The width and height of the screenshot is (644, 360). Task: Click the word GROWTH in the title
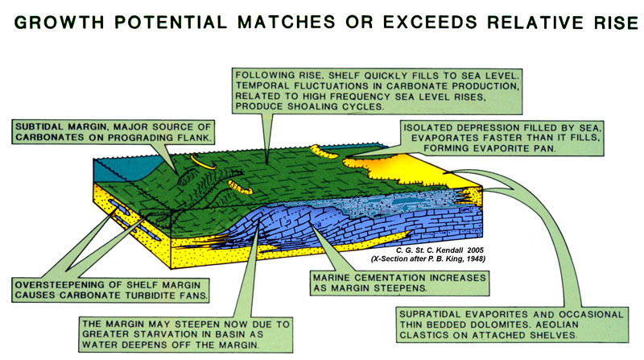click(59, 23)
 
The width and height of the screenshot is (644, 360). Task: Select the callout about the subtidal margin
click(114, 132)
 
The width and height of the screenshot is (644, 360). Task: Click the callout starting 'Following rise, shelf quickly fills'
click(377, 91)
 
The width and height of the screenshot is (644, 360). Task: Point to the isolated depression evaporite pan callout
click(502, 138)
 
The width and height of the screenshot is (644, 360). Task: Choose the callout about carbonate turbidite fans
click(110, 290)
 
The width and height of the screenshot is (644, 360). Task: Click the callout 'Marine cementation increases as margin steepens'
click(399, 283)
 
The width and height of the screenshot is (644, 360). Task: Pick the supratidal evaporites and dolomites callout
click(512, 325)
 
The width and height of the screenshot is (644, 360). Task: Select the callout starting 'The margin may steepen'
click(186, 334)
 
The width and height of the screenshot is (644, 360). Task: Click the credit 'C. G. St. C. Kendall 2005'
click(440, 250)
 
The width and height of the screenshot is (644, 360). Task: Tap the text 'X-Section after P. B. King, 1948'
click(428, 259)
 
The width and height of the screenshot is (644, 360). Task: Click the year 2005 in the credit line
click(476, 250)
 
